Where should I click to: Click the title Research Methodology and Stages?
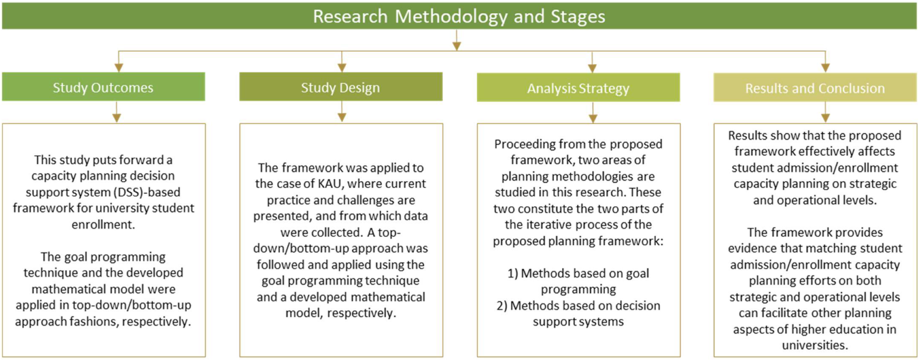[459, 17]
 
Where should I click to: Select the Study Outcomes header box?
[103, 87]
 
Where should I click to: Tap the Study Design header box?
[341, 87]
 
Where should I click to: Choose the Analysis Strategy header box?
[578, 88]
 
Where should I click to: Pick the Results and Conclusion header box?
[815, 88]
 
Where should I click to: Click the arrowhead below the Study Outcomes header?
[117, 118]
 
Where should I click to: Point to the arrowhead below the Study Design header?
[342, 118]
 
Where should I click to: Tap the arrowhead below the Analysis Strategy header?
[593, 119]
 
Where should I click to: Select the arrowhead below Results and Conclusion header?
[825, 118]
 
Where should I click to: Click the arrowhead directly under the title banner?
[457, 46]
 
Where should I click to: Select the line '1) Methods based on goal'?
[578, 273]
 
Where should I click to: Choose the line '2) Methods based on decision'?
[578, 306]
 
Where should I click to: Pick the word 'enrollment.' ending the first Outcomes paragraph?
[103, 224]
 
